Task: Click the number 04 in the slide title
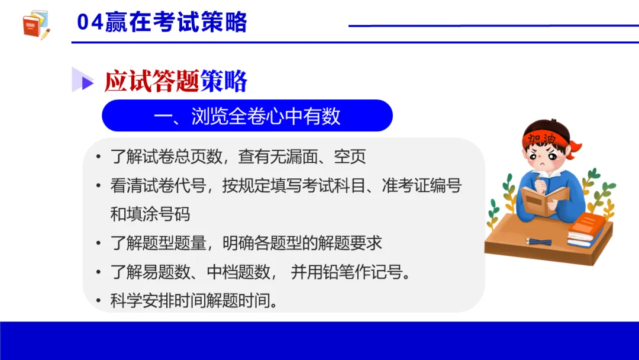(x=91, y=23)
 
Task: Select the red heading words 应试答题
(x=151, y=81)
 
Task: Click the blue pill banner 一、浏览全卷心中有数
(x=247, y=115)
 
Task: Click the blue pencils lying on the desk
(x=538, y=242)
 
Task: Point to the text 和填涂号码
(x=150, y=214)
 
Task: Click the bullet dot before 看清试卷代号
(x=98, y=186)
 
